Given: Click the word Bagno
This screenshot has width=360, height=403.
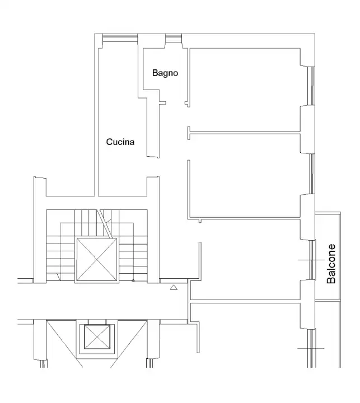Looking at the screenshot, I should tap(165, 73).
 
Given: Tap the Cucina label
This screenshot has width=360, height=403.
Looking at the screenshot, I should tap(120, 142).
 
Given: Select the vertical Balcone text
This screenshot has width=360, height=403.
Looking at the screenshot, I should tap(331, 263).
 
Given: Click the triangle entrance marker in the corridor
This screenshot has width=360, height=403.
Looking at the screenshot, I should tap(173, 288).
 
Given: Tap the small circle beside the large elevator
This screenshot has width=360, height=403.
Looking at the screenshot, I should tap(133, 281).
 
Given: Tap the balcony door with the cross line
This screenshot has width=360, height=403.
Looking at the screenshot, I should tap(311, 261).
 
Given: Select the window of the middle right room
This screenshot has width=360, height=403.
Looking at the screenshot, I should tap(311, 174).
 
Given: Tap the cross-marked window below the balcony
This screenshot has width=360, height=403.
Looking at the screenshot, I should tap(310, 349).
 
